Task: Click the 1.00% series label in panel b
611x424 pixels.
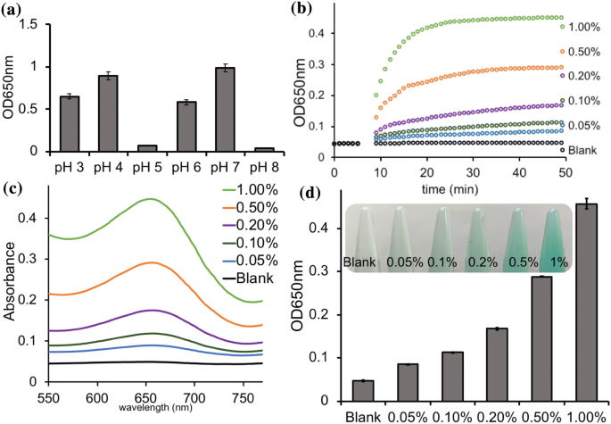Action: (586, 28)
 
